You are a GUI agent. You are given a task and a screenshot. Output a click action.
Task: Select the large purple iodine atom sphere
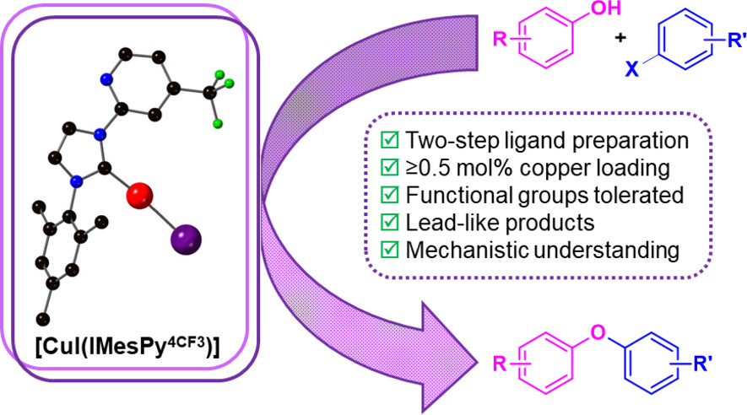pos(187,237)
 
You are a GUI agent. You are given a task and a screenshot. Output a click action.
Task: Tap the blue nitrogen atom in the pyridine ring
pos(106,78)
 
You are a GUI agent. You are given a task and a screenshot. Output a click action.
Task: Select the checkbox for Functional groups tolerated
pos(388,196)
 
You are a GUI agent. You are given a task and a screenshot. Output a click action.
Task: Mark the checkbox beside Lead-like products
pos(388,224)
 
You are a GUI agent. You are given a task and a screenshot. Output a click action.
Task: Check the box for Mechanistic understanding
pos(388,251)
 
